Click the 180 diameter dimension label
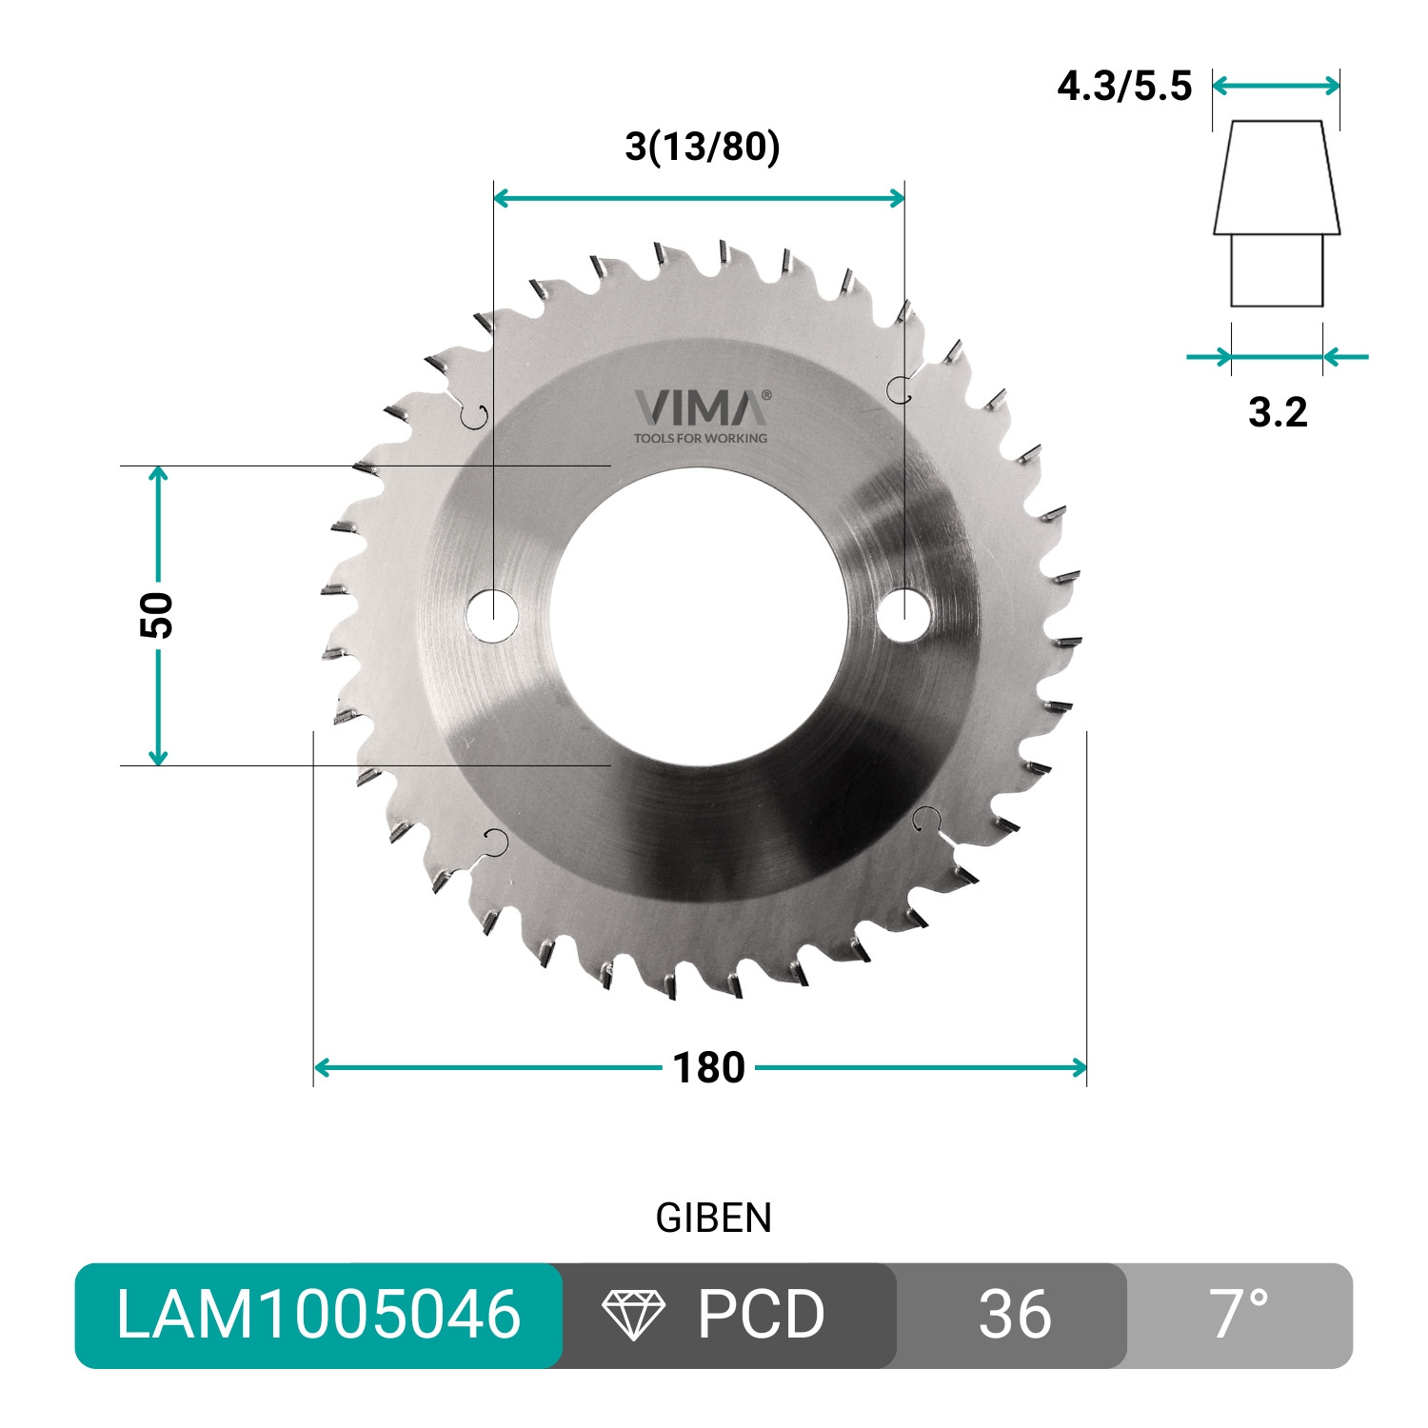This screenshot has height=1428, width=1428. pos(708,1068)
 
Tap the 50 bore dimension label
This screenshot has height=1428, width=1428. pos(157,615)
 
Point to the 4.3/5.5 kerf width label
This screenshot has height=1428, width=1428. pos(1124,86)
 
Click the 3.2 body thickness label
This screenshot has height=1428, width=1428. pos(1278,412)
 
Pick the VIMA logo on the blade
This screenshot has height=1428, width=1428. pos(703,407)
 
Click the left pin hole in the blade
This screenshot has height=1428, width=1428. pos(492,614)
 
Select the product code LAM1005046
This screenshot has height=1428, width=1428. pos(319,1315)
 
